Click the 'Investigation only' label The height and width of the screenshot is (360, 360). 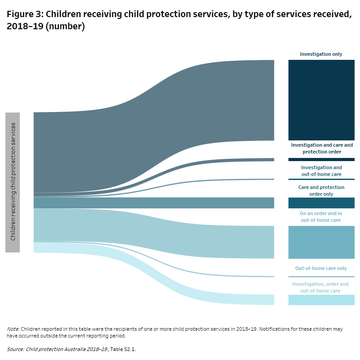[321, 54]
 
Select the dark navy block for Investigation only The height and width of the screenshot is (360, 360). [321, 100]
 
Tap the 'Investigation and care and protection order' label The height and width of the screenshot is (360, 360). [322, 148]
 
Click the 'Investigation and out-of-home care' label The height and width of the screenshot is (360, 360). [321, 171]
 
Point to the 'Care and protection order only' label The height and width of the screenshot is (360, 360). [321, 190]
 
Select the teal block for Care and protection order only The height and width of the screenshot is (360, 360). [321, 203]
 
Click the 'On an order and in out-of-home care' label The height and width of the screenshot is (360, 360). [321, 216]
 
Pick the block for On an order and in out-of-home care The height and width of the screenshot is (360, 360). [321, 242]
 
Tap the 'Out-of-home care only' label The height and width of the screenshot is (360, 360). [321, 268]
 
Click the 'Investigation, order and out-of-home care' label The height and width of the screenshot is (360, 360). [320, 288]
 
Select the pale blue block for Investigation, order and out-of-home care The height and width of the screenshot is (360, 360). [321, 300]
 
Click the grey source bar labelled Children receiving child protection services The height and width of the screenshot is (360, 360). [13, 182]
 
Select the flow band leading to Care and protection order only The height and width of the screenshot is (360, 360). [153, 203]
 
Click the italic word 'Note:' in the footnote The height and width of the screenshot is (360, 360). [13, 329]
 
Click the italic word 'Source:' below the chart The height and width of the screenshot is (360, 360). [16, 349]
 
